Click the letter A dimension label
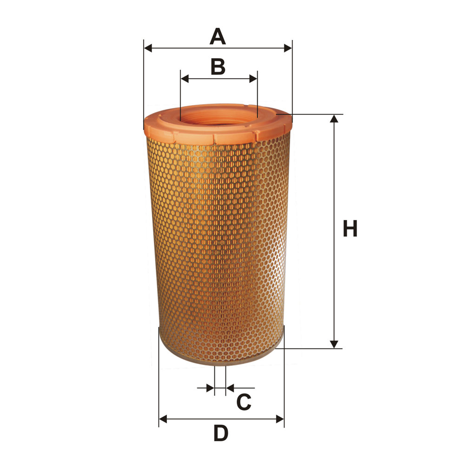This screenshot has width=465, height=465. [x=218, y=36]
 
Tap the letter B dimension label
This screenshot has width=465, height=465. [x=218, y=66]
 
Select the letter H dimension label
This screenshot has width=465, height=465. [x=350, y=228]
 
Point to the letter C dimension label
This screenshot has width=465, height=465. [x=244, y=402]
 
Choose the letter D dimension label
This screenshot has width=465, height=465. [x=221, y=433]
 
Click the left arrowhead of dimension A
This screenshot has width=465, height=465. [x=148, y=48]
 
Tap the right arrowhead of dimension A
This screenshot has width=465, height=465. [x=288, y=48]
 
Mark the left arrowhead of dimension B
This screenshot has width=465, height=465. [x=185, y=79]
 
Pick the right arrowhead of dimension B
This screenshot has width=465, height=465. [x=253, y=79]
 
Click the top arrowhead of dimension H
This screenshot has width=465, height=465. [x=334, y=118]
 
